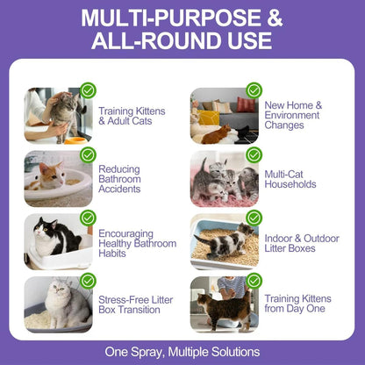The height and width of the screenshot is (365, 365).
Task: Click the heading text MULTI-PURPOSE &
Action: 182,19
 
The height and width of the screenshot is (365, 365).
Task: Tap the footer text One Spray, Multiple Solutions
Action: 182,348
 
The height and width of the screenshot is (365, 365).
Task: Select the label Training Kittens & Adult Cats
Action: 132,117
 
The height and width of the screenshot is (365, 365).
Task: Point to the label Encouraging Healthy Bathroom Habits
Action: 137,243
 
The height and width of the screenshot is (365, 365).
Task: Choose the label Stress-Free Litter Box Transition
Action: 135,305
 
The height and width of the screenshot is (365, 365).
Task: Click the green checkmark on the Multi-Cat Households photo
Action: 254,154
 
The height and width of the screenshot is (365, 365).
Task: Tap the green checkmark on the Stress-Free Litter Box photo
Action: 87,280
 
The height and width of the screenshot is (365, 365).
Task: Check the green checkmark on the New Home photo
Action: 254,90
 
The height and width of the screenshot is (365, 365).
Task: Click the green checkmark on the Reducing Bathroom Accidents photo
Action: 87,154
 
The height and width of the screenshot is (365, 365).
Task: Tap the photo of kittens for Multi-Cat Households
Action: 224,179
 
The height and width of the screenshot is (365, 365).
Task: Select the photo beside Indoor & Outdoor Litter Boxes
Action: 224,242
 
